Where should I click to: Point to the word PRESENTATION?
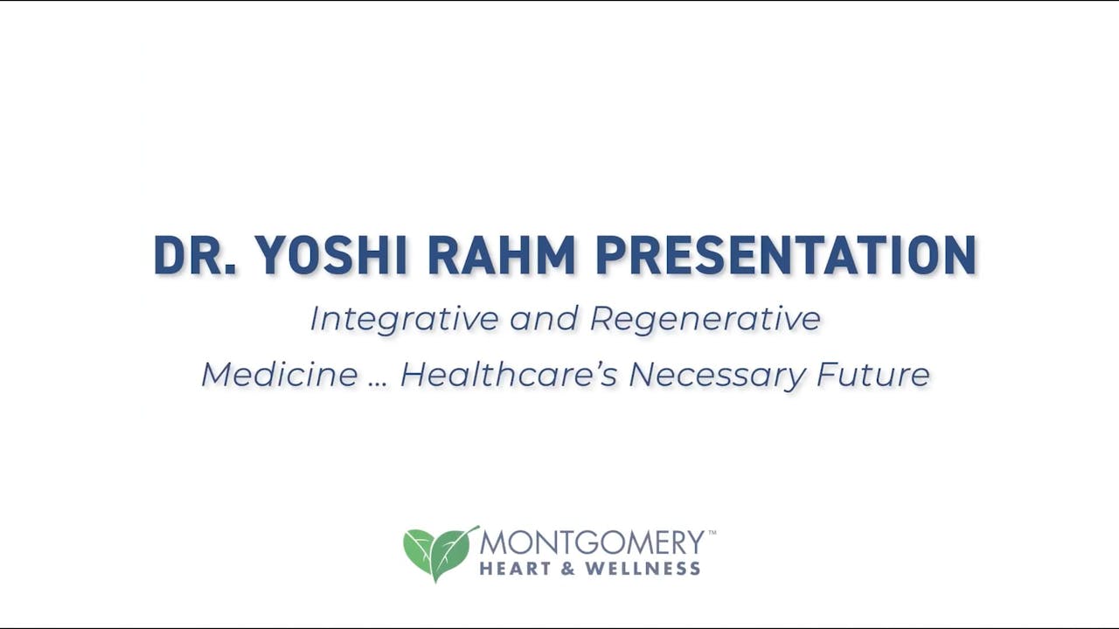[785, 256]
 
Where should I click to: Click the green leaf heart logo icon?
[440, 553]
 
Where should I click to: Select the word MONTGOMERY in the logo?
[592, 543]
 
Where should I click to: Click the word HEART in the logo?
[514, 569]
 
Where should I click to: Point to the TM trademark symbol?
[712, 532]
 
